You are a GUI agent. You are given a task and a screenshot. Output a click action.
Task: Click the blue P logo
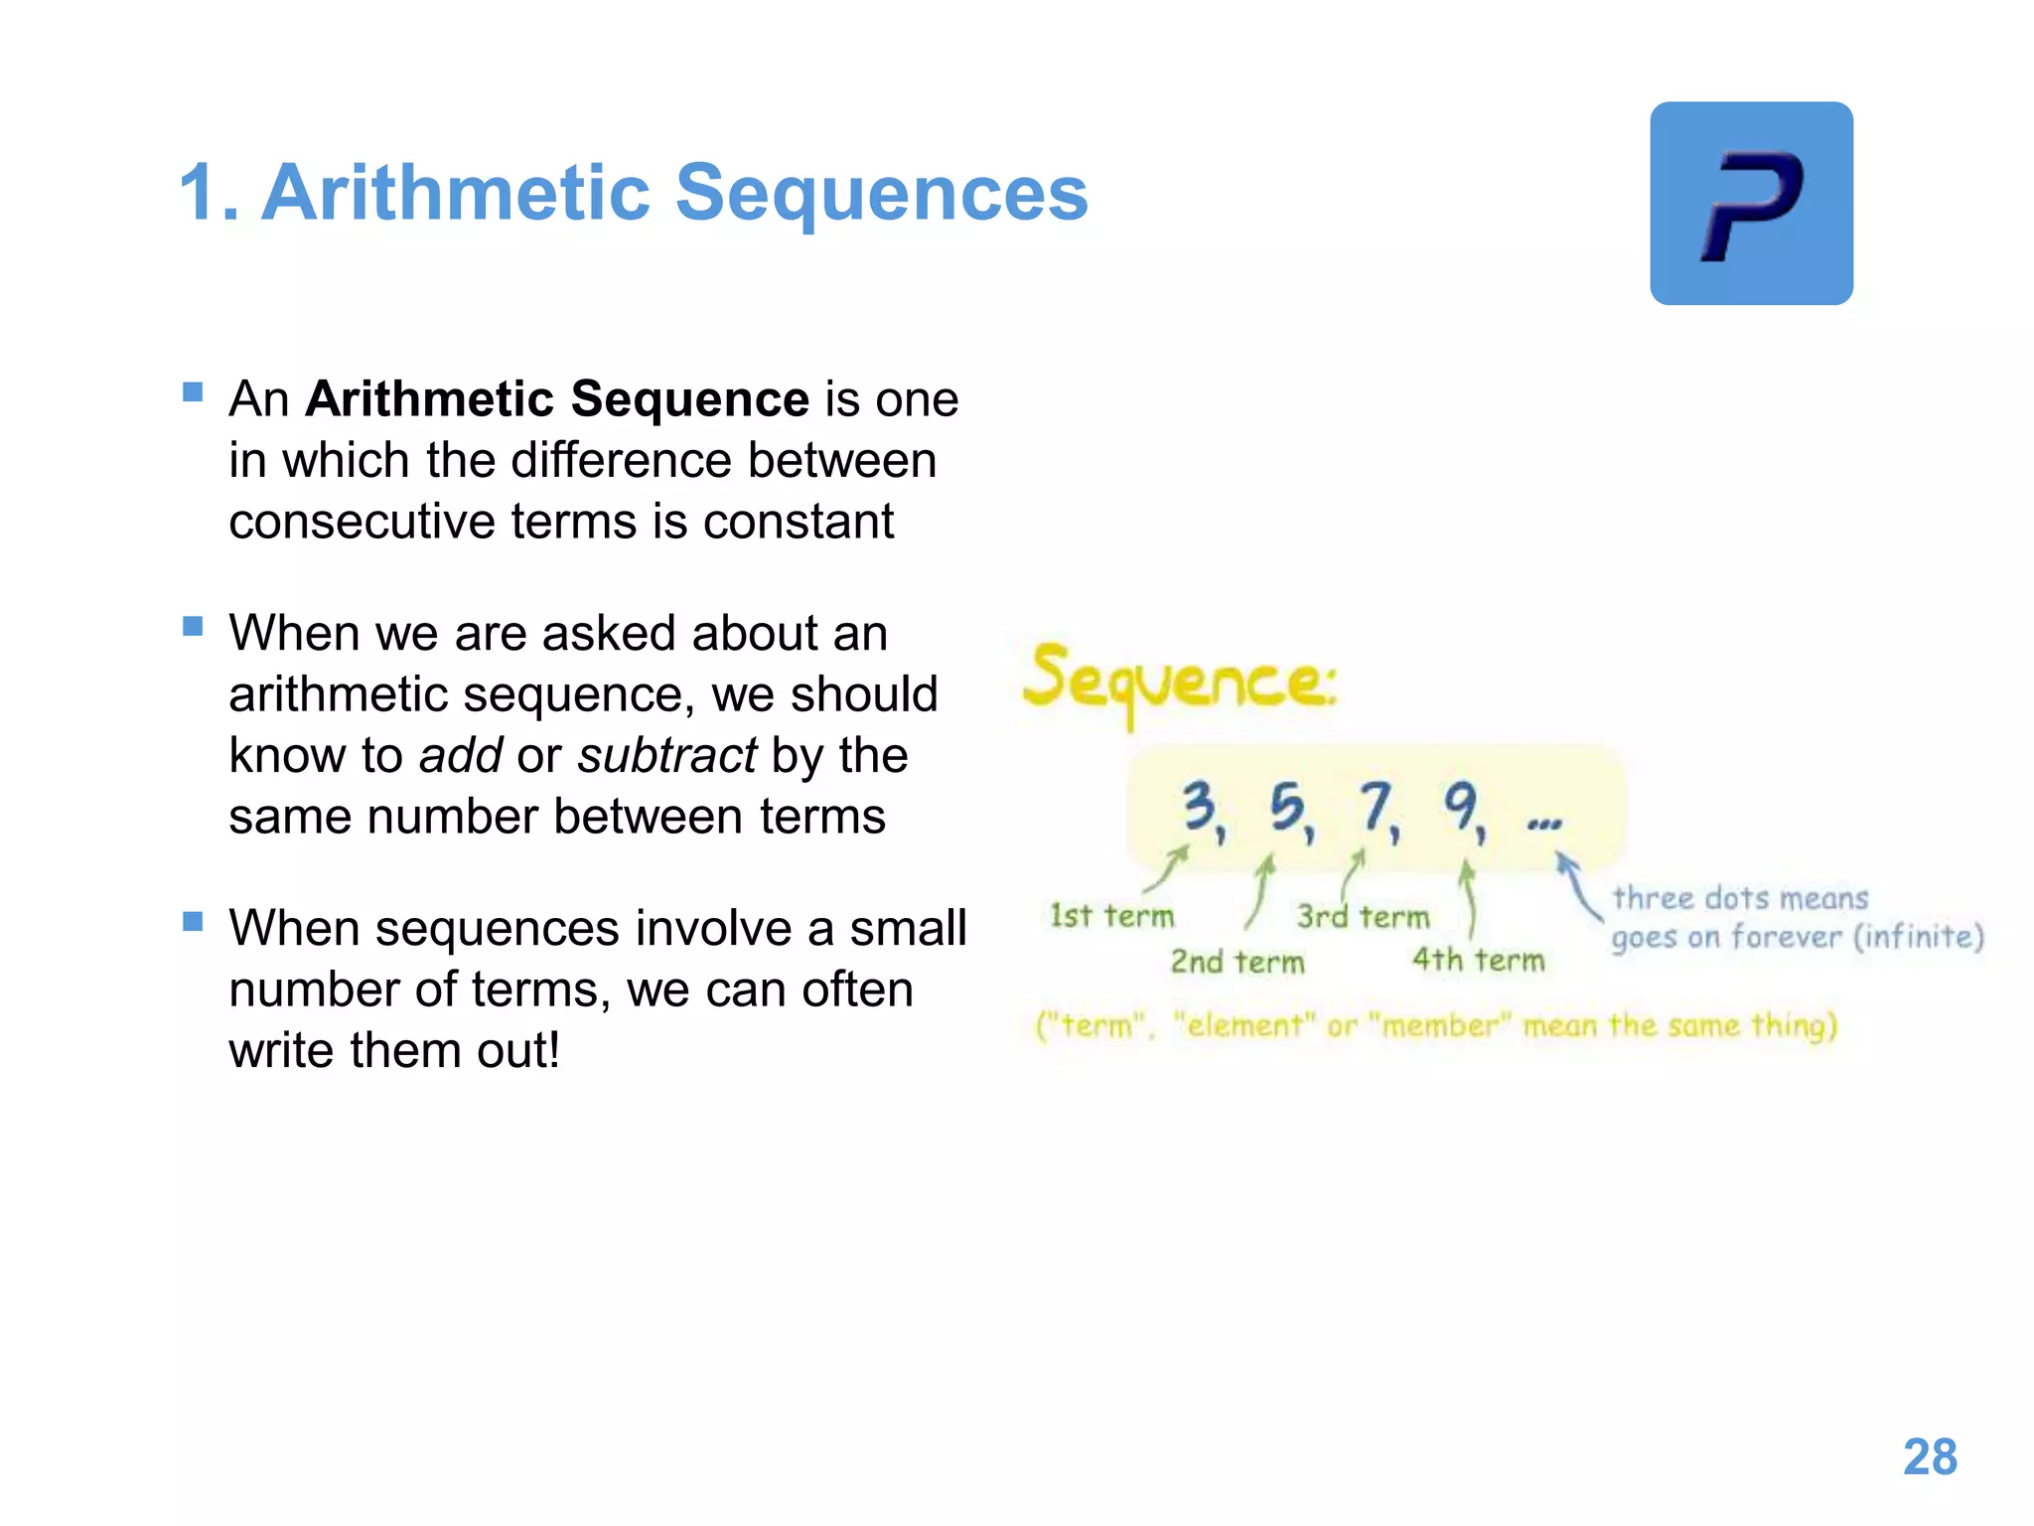click(x=1751, y=204)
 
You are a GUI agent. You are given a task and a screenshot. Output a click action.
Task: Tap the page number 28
click(x=1930, y=1457)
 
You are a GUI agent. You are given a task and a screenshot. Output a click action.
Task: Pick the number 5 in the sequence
click(x=1287, y=806)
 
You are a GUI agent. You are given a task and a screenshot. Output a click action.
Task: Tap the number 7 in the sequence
click(x=1376, y=806)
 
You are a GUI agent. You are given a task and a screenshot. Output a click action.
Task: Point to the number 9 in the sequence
click(x=1461, y=806)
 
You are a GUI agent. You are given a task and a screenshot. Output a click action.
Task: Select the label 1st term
click(x=1111, y=915)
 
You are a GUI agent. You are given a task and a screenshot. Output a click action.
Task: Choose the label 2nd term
click(x=1237, y=962)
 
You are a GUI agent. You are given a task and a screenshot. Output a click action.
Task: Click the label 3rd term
click(x=1363, y=916)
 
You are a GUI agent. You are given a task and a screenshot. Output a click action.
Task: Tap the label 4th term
click(x=1478, y=960)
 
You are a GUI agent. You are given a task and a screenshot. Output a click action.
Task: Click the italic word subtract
click(x=667, y=755)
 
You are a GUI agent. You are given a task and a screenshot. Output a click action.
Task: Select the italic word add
click(x=461, y=755)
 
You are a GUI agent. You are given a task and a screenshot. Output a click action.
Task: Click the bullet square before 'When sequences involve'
click(x=193, y=921)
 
